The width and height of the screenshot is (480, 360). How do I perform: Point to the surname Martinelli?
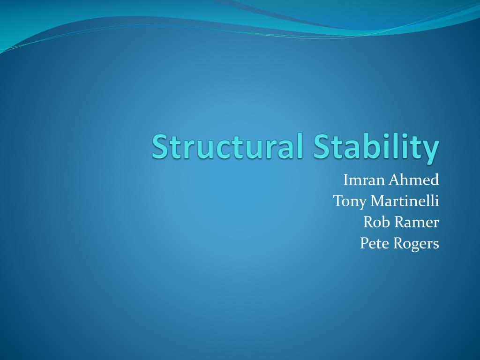405,201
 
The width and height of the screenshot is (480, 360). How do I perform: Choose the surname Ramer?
417,222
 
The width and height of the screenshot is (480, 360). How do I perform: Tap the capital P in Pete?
364,243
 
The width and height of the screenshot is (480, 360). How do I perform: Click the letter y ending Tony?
363,203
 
